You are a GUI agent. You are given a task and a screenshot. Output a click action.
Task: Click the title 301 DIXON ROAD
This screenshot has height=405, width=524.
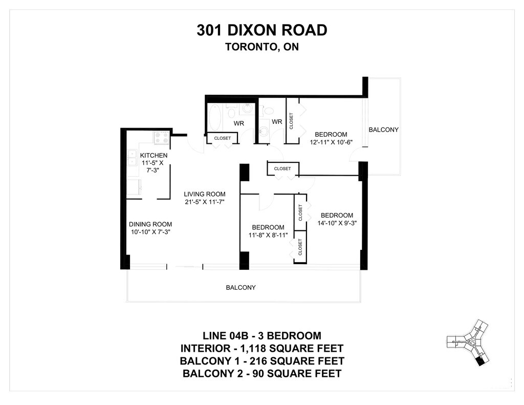point(261,30)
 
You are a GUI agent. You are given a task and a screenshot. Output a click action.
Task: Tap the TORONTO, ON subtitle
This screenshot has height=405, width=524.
point(261,47)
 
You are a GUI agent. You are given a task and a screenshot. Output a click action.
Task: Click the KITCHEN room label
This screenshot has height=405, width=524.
point(154,156)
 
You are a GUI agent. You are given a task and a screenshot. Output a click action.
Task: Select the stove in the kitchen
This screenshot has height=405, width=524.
point(162,138)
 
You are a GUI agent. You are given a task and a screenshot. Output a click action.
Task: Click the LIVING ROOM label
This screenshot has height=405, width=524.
point(205,194)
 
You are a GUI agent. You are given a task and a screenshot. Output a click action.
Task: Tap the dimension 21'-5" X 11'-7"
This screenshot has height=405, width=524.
point(204,202)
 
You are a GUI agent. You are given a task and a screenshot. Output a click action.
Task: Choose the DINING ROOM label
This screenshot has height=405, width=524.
point(150,224)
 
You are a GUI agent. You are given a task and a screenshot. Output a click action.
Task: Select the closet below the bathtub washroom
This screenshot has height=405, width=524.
point(222,138)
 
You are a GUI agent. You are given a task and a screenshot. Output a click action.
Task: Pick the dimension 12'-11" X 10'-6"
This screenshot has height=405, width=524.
point(331,142)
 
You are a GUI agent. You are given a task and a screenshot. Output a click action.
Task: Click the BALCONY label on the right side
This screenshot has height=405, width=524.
point(384,130)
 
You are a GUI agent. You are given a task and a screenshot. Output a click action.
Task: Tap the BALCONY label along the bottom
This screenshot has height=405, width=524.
point(241,288)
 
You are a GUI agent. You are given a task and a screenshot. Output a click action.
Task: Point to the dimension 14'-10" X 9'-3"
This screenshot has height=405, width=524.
point(337,223)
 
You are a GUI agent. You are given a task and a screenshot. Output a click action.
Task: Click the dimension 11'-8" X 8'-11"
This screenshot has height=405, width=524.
point(268,235)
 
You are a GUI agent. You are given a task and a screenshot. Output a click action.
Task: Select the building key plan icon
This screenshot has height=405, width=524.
point(468,343)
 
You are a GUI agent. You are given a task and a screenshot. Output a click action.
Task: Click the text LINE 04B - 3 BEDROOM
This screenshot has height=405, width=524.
point(261,335)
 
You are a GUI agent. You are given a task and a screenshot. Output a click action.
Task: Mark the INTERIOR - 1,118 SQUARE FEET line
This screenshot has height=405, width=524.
point(261,348)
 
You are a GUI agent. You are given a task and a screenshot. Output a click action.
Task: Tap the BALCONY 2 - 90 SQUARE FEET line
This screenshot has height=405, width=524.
point(261,373)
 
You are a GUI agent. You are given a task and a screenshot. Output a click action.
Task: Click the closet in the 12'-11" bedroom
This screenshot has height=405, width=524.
point(292,121)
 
